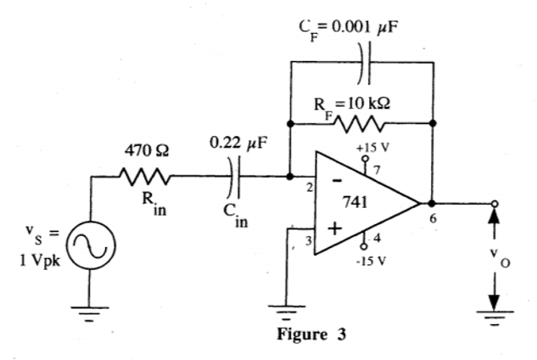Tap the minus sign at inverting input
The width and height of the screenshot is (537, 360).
click(337, 181)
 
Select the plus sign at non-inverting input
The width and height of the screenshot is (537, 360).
click(336, 228)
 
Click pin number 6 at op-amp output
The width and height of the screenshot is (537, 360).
click(434, 219)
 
